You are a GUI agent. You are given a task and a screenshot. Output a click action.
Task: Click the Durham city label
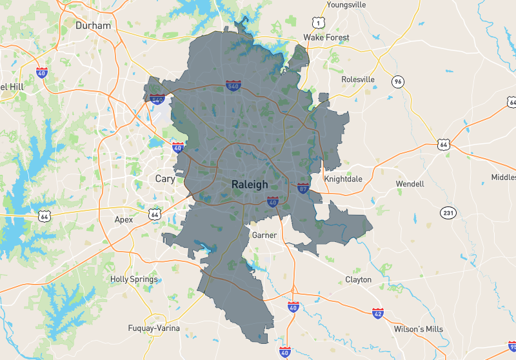coord(93,25)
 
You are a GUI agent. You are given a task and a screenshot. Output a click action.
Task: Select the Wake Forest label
coord(326,37)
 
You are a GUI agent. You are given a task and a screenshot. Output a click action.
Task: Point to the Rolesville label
coord(357,79)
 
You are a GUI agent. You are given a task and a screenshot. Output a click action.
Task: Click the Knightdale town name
coord(344,179)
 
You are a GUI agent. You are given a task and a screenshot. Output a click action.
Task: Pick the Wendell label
coord(410,184)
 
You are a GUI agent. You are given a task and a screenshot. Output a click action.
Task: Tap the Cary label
coord(165,179)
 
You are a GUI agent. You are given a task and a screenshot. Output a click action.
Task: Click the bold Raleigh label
coord(250,185)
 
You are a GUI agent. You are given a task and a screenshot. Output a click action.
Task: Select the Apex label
coord(123,219)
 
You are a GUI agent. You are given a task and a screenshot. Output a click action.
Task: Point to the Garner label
coord(264,235)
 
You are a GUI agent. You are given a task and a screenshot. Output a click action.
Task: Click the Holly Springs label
coord(134,279)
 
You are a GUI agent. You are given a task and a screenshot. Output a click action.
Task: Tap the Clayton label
coord(358,279)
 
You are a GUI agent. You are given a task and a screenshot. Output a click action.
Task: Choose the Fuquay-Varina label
coord(154,328)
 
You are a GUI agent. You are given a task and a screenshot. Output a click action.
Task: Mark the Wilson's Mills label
coord(419,329)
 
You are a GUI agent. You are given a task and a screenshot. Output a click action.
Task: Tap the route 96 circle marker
coord(398,81)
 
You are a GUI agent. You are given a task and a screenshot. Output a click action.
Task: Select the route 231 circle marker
coord(448,212)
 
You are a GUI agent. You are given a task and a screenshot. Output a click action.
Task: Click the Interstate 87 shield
coord(303,188)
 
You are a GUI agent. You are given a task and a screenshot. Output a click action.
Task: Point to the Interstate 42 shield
coord(377,313)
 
